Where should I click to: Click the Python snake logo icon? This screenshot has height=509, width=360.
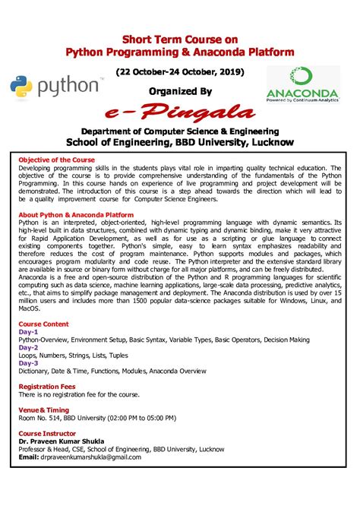click(21, 87)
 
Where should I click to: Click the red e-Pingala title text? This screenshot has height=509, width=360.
click(181, 113)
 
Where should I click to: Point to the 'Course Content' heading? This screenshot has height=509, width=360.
click(43, 324)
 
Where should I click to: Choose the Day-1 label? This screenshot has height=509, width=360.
click(28, 332)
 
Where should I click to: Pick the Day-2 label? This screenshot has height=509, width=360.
click(28, 347)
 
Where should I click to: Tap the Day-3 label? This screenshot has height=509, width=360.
click(28, 362)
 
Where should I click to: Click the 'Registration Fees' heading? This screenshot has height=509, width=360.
click(46, 386)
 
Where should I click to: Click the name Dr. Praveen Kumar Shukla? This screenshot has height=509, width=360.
click(62, 441)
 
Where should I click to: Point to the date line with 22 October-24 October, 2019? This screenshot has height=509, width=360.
click(180, 71)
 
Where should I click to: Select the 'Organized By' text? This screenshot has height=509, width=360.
click(180, 91)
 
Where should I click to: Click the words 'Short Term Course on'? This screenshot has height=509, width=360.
click(180, 39)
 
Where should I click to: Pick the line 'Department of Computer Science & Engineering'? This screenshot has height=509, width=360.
click(180, 131)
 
